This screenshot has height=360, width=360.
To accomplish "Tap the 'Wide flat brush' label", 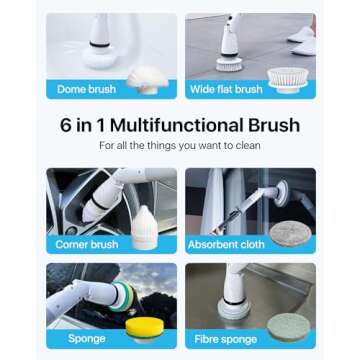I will tap(227, 88).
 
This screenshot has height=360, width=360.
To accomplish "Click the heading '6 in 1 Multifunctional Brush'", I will tap(180, 126).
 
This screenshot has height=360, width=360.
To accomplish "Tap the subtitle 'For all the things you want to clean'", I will tap(180, 146).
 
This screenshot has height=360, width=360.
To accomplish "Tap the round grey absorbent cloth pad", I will tap(291, 234).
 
